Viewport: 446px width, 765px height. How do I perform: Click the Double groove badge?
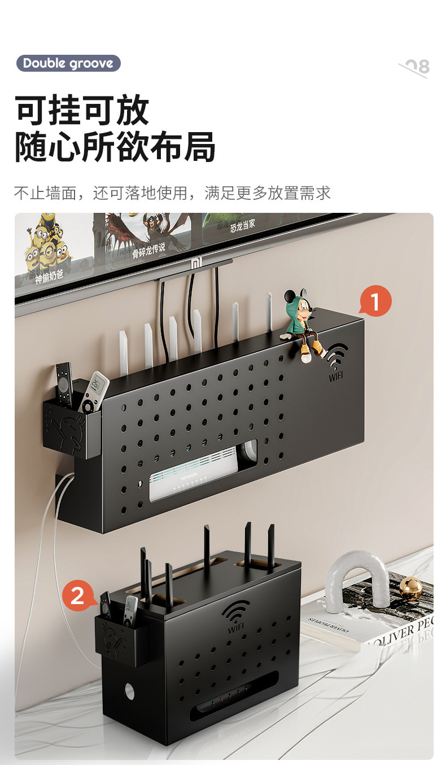(x=68, y=63)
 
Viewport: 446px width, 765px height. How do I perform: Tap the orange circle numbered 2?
(x=77, y=596)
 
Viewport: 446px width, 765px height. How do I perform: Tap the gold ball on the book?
(x=410, y=588)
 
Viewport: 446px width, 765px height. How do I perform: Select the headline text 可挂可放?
(x=82, y=110)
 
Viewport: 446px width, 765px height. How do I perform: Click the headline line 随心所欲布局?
(x=115, y=147)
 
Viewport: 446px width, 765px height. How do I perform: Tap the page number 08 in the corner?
(x=416, y=67)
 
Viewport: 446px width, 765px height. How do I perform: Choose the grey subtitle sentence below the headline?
(x=172, y=193)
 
